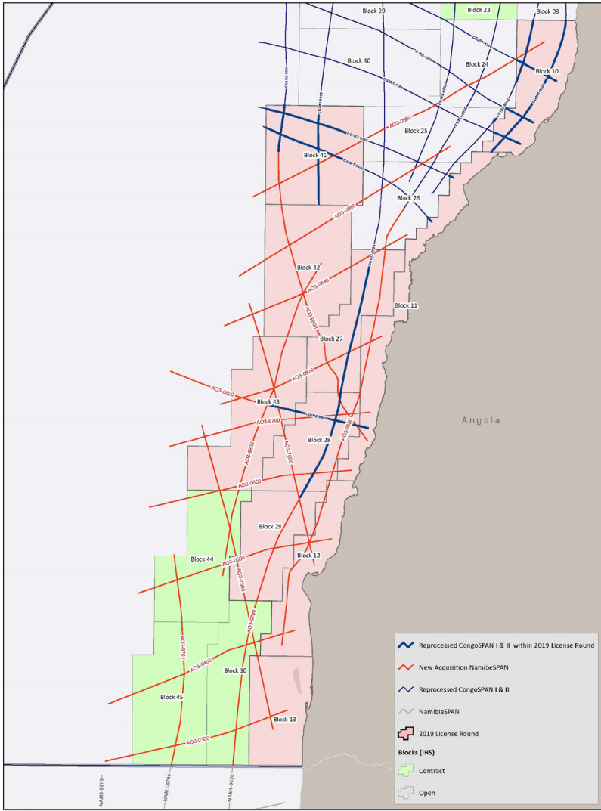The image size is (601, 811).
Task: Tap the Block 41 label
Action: click(315, 155)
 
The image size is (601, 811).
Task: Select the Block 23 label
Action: click(479, 10)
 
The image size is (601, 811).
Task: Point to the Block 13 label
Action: click(284, 719)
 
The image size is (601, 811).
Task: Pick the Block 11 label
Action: click(406, 305)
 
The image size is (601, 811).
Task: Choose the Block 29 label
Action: click(270, 526)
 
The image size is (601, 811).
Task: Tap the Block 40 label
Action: click(359, 60)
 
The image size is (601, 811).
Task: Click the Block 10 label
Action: click(547, 71)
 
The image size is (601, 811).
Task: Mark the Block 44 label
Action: click(203, 559)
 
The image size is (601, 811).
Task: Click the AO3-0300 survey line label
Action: click(197, 741)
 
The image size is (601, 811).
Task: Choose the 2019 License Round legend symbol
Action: click(407, 733)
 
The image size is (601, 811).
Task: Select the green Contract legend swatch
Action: click(407, 771)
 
